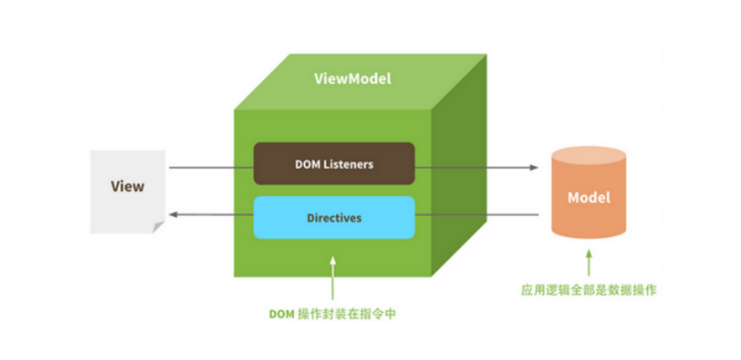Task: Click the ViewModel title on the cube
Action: [352, 79]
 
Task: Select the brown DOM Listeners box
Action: [334, 163]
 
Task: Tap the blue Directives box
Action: [334, 217]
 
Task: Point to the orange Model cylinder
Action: [589, 198]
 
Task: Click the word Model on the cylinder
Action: [589, 198]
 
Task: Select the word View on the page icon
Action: [128, 186]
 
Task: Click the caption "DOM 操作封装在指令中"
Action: [334, 315]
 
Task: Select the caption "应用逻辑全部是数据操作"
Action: [589, 290]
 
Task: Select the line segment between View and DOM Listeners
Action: [210, 168]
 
